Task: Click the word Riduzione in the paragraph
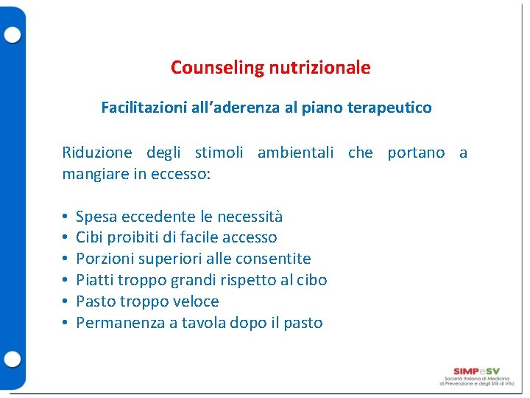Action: (x=97, y=153)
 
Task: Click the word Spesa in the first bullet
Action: (x=96, y=216)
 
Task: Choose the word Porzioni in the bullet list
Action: (x=105, y=259)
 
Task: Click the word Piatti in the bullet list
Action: (x=95, y=280)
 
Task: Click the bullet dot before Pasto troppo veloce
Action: (x=66, y=301)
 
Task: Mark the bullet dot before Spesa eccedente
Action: (x=66, y=216)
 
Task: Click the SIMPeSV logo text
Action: (x=477, y=371)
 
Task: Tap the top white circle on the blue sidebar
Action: (x=13, y=35)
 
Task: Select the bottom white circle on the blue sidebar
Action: (x=13, y=359)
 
